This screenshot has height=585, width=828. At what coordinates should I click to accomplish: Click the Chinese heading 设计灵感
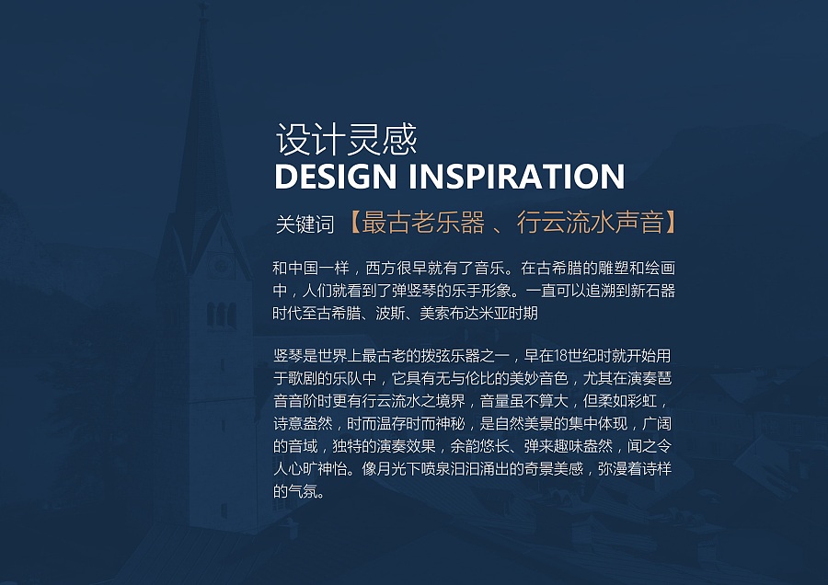[347, 140]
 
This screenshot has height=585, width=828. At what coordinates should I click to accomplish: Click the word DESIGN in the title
[335, 177]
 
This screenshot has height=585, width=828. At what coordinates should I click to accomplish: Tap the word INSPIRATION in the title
[517, 177]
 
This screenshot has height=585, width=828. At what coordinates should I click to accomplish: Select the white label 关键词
[305, 224]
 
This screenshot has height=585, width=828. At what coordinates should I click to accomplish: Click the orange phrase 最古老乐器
[423, 223]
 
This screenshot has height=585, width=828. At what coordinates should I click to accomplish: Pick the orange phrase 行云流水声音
[590, 223]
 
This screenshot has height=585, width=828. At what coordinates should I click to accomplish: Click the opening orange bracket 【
[355, 223]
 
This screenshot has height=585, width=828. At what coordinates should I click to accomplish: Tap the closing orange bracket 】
[670, 223]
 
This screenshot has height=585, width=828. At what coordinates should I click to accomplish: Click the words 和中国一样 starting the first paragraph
[311, 269]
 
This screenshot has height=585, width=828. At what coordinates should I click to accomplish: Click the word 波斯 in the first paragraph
[390, 314]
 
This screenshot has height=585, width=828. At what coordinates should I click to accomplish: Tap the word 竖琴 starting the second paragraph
[288, 356]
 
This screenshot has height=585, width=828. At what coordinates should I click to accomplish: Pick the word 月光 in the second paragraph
[391, 469]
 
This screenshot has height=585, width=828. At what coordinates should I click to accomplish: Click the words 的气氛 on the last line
[295, 491]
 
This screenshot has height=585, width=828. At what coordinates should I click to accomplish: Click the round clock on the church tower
[220, 263]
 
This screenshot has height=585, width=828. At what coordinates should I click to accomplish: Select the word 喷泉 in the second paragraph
[436, 469]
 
